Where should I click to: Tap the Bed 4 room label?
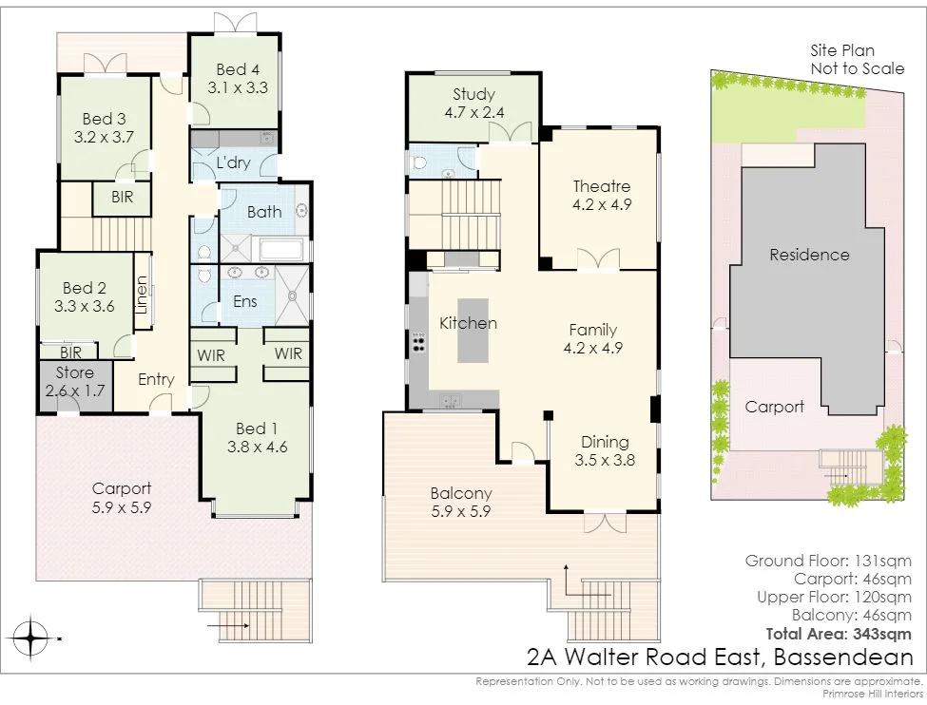click(x=238, y=69)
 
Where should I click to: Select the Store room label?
click(x=74, y=372)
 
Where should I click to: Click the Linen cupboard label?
click(x=142, y=295)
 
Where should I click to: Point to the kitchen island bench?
click(x=473, y=331)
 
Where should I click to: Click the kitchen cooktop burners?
click(x=418, y=342)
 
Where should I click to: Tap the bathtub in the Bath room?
click(x=281, y=250)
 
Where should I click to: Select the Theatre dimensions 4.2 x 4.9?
click(x=602, y=204)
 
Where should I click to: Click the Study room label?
click(x=474, y=94)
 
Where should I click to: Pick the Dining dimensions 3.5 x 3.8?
click(x=605, y=460)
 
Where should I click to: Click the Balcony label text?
click(x=461, y=493)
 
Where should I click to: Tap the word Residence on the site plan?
click(x=809, y=255)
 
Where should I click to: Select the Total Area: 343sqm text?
click(x=839, y=634)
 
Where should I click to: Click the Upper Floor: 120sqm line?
click(x=834, y=597)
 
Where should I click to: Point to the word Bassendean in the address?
click(x=843, y=657)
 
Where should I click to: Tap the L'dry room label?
click(x=234, y=162)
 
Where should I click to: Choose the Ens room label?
click(x=244, y=301)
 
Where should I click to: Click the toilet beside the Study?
click(x=419, y=162)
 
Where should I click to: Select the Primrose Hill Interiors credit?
click(x=873, y=694)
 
